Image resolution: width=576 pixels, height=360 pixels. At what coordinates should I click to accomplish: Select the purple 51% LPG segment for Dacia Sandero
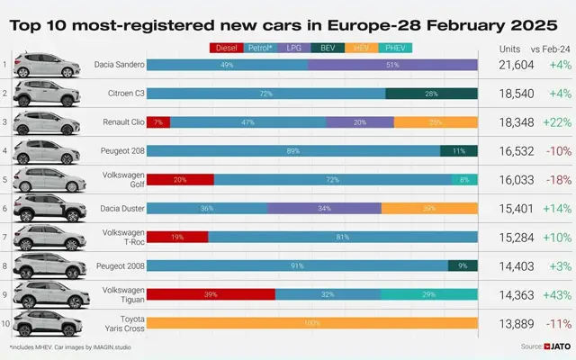(392, 65)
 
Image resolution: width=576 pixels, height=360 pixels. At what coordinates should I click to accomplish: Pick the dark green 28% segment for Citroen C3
(431, 94)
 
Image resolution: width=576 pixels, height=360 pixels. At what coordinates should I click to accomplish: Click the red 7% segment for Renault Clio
(157, 122)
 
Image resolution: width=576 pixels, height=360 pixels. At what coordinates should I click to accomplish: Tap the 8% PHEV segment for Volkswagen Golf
(464, 180)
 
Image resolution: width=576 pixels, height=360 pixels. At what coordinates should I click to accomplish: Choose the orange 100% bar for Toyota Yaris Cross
(311, 323)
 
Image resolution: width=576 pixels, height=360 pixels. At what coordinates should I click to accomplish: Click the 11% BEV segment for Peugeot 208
(459, 151)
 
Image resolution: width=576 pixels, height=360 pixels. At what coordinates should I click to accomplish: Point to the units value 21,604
(517, 66)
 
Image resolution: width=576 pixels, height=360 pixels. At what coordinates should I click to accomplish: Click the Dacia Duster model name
(117, 209)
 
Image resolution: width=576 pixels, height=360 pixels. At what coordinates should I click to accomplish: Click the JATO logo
(555, 346)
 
